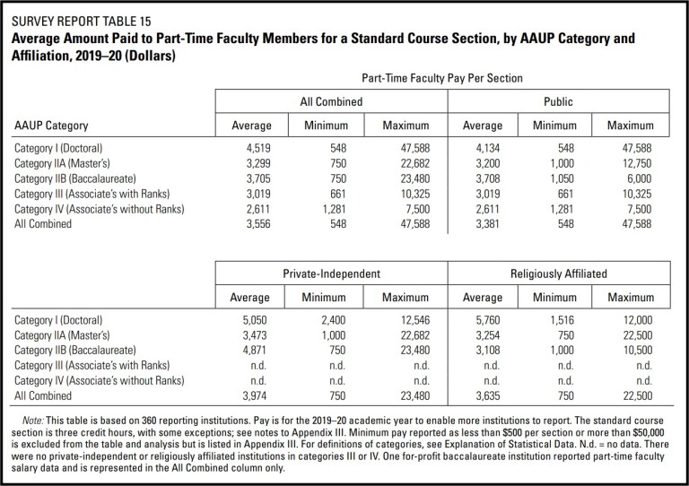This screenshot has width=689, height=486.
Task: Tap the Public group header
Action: [x=562, y=102]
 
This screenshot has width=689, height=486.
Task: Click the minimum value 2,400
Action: [x=335, y=319]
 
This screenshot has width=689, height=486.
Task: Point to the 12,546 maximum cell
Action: [x=409, y=319]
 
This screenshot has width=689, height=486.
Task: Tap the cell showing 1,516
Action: [x=562, y=319]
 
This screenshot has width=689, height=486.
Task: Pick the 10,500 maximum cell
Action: [x=636, y=349]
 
